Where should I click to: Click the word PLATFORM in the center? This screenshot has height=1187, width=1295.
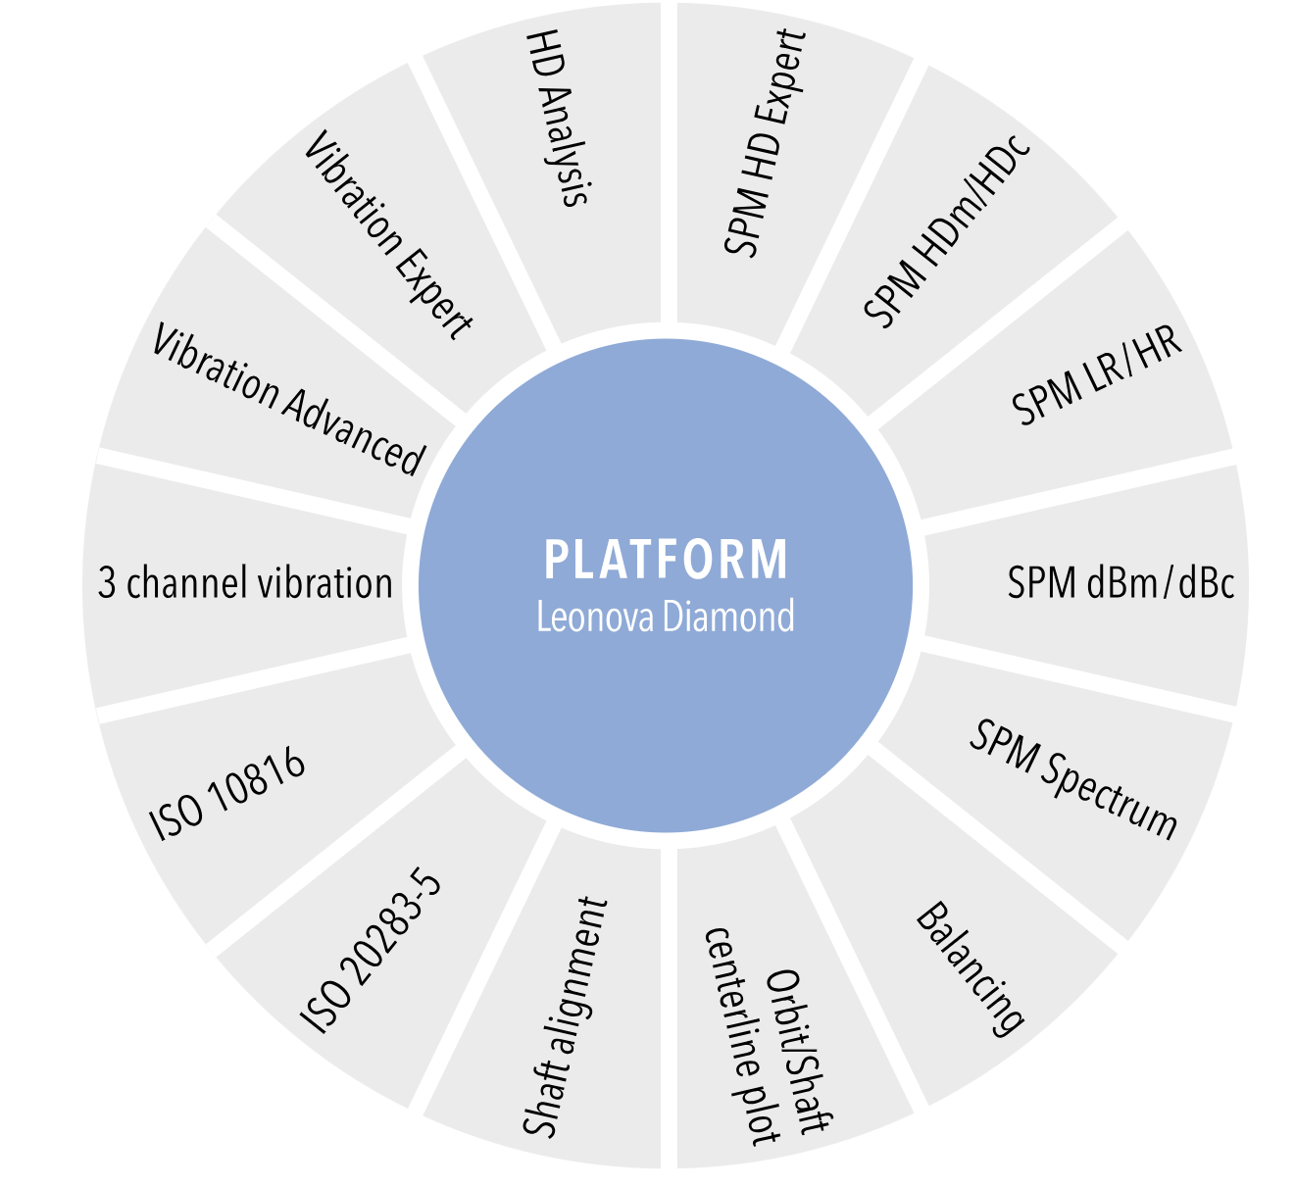(x=666, y=561)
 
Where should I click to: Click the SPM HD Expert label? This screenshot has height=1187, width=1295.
(x=765, y=143)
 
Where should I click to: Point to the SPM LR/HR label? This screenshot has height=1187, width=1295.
(x=1097, y=374)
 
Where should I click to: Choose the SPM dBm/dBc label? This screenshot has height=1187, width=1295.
(x=1120, y=583)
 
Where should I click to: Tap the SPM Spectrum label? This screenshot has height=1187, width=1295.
(x=1073, y=779)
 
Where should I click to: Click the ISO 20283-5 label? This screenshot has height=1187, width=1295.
(x=372, y=952)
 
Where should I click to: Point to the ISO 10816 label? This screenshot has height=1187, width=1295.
(x=228, y=795)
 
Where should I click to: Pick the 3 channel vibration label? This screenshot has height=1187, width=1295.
(x=245, y=583)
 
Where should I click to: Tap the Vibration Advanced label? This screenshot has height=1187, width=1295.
(x=288, y=399)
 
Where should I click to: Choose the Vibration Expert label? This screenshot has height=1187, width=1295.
(x=388, y=235)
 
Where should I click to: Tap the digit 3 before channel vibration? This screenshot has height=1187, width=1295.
(x=107, y=584)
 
